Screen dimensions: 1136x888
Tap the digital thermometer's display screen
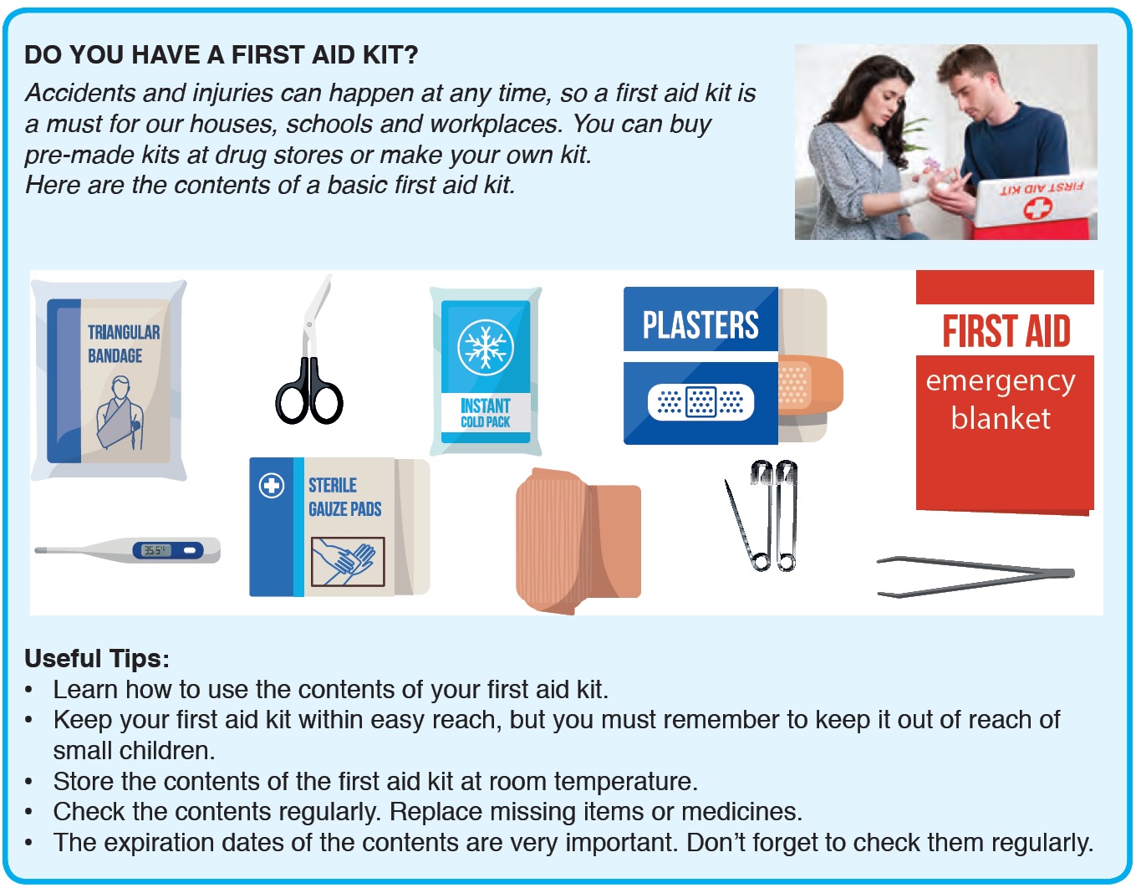coord(155,550)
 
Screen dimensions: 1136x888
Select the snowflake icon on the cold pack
coord(485,347)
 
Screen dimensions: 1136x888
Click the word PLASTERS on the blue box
coord(700,325)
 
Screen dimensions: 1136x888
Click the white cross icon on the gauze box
coord(272,485)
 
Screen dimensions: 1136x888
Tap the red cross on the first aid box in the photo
coord(1037,208)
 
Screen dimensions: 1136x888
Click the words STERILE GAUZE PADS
coord(344,497)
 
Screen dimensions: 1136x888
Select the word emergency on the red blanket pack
coord(1000,382)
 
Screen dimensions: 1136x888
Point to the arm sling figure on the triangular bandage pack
coord(120,413)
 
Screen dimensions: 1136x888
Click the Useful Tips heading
coord(97,658)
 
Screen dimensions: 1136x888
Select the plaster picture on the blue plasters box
coord(700,402)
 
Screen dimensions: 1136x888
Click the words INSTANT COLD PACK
coord(485,413)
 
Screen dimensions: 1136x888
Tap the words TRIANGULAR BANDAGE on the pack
coord(124,344)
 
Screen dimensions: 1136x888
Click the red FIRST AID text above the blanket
coord(1006,331)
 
